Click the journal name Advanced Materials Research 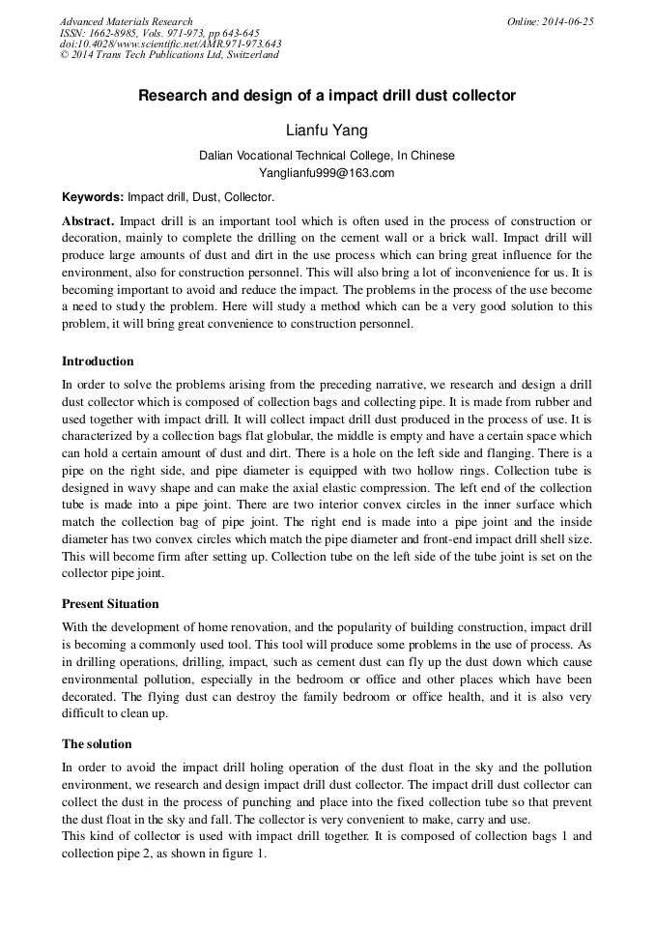point(126,21)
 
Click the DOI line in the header point(170,43)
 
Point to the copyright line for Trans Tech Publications point(169,55)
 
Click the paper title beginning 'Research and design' point(327,96)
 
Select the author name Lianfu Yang point(327,130)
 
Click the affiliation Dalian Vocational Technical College point(327,156)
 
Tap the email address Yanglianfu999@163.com point(327,174)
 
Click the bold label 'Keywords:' point(93,196)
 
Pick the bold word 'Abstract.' point(88,221)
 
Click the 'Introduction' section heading point(98,362)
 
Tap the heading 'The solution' point(97,744)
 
